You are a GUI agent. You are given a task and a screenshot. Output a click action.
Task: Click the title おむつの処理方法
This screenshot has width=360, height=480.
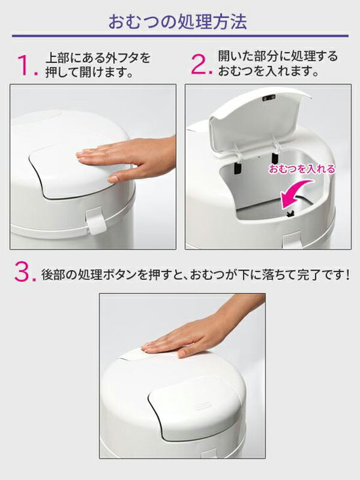pos(177,22)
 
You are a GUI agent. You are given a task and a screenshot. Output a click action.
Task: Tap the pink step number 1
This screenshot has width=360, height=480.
pos(26,65)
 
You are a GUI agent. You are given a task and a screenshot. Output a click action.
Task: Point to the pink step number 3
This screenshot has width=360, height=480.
pos(25,273)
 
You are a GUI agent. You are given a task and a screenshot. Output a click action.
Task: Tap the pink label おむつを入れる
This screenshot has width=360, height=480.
pos(302,169)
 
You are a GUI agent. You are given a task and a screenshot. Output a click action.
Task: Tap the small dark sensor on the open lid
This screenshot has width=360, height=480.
pos(269,97)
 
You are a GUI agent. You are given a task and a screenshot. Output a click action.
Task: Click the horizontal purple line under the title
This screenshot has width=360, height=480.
pos(180,36)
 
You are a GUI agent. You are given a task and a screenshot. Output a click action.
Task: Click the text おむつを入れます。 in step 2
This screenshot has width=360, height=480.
pos(269,71)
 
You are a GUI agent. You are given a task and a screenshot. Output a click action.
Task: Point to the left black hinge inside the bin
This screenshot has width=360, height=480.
pos(236,167)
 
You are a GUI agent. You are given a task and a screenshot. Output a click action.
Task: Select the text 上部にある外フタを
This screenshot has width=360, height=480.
pos(98,58)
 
